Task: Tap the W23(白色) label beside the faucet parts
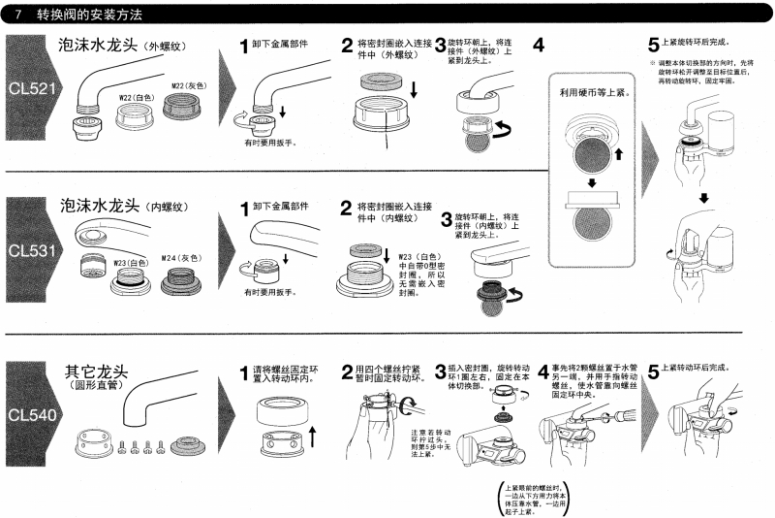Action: click(x=131, y=262)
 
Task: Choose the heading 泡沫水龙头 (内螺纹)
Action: click(x=123, y=207)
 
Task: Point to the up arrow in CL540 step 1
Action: click(x=312, y=431)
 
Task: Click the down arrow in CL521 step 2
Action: click(x=415, y=90)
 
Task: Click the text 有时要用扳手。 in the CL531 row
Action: click(x=271, y=292)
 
